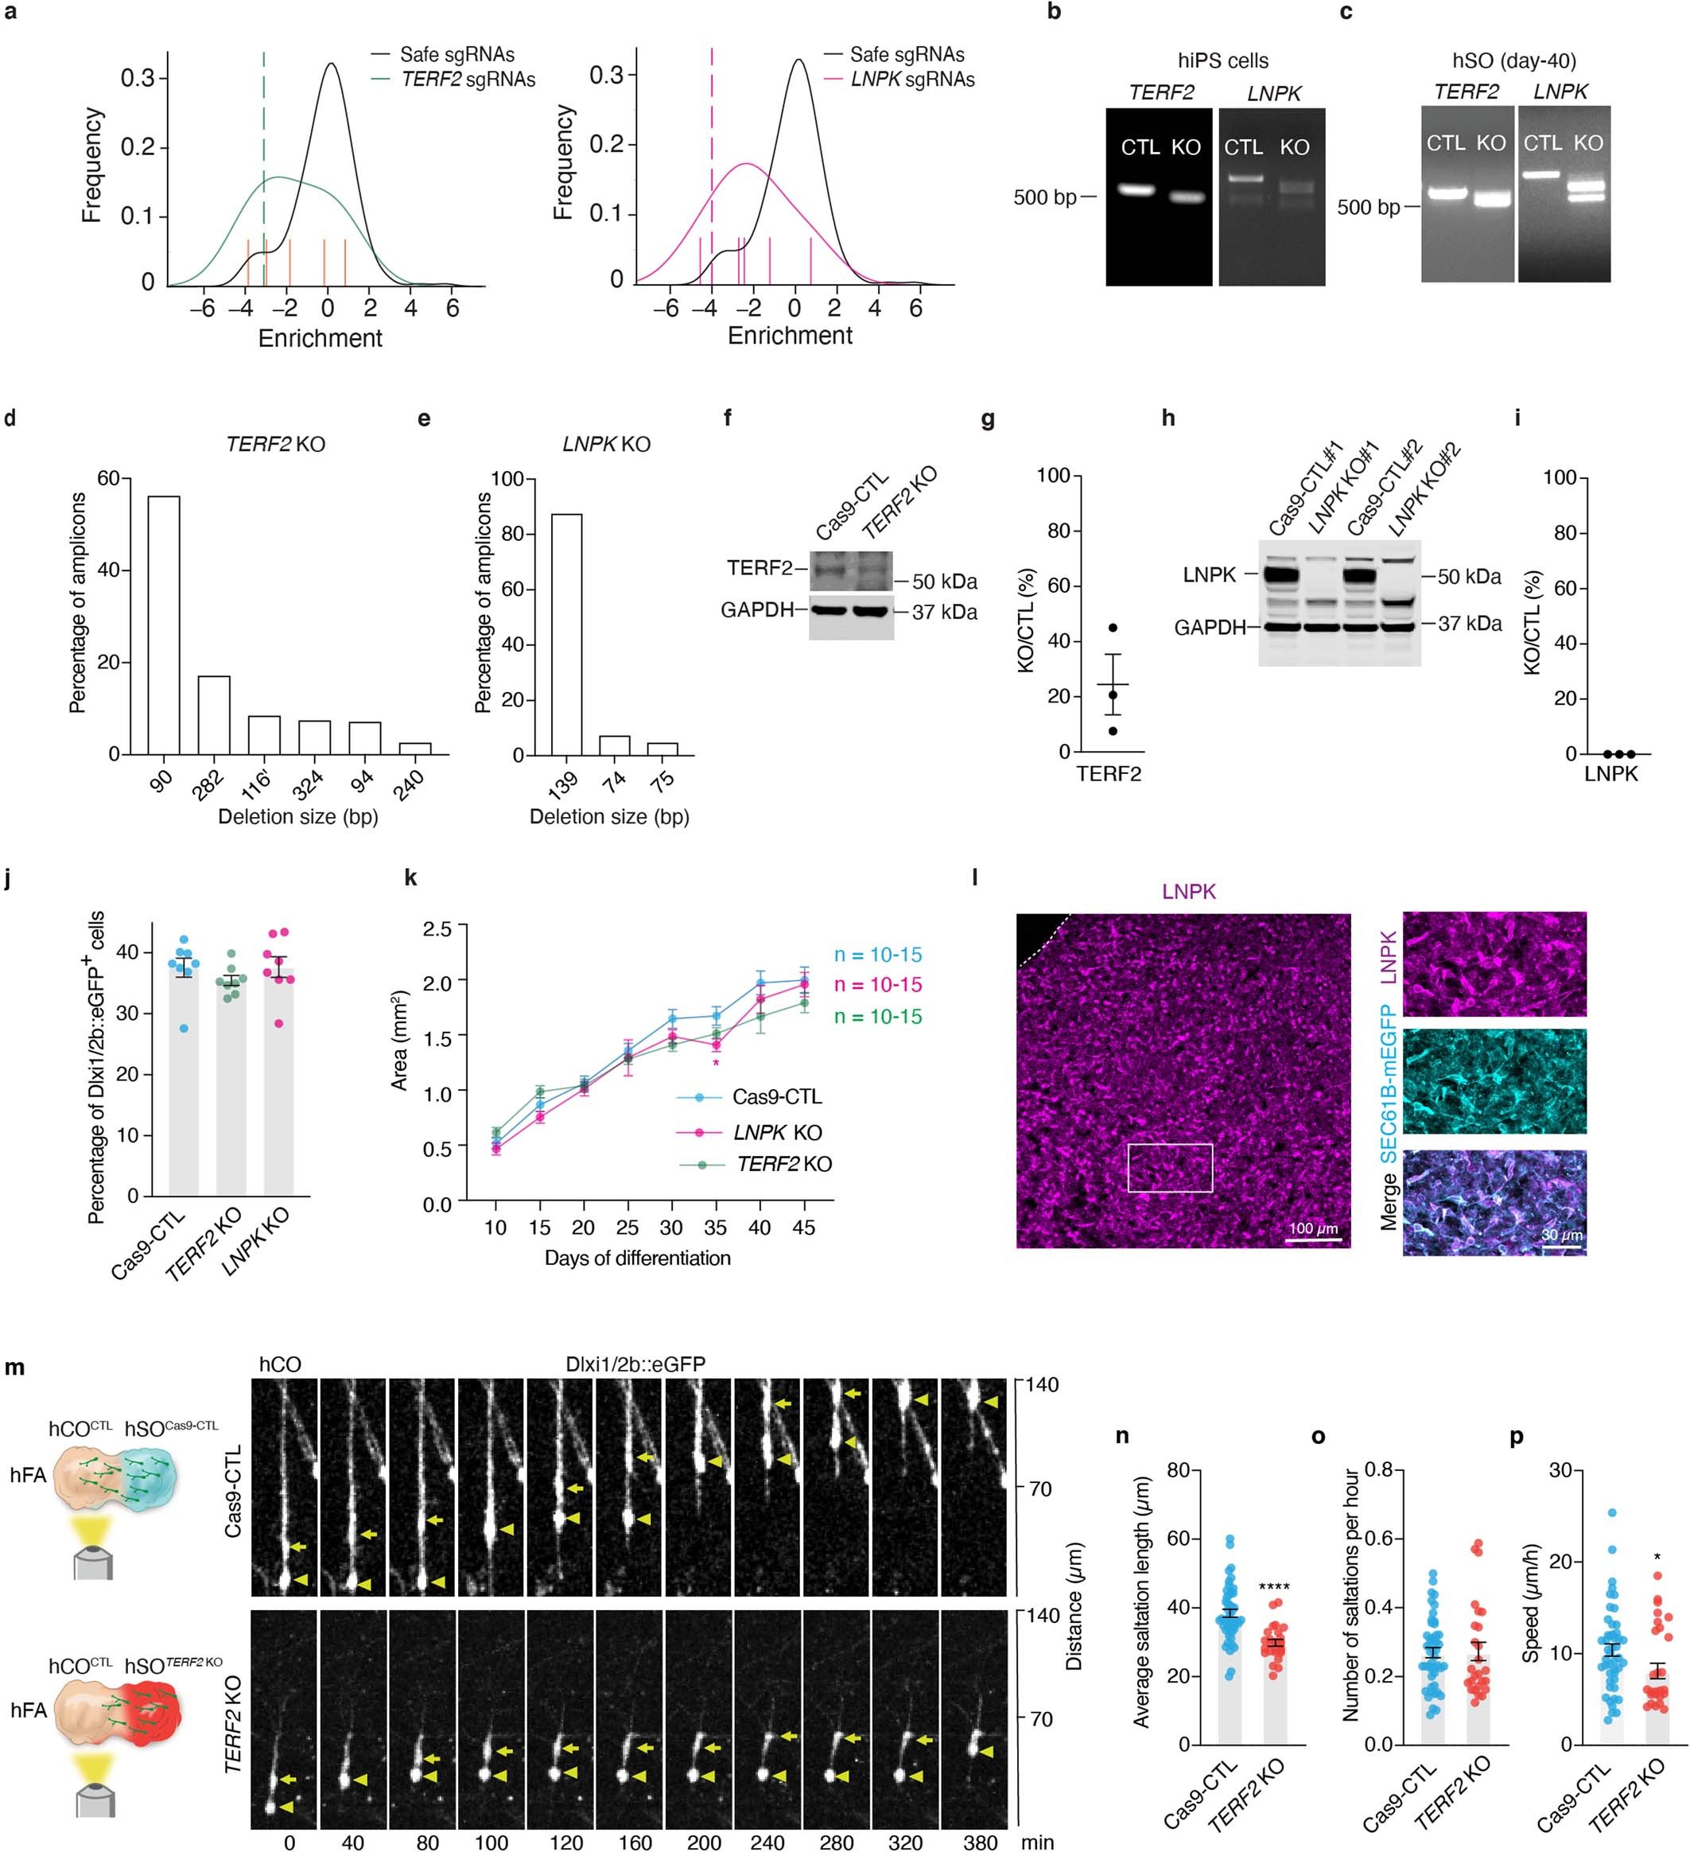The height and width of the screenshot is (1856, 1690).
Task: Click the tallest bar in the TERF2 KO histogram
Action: click(164, 625)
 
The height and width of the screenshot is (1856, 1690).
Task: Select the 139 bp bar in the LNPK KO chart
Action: click(566, 634)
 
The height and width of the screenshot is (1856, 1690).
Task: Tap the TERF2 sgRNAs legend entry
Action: click(468, 80)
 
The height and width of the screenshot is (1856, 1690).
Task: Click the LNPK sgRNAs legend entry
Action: click(911, 80)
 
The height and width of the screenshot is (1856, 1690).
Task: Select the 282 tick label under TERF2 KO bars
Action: click(209, 783)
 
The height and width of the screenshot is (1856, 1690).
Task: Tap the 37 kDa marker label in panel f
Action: click(945, 613)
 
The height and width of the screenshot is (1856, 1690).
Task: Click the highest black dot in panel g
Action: click(1113, 628)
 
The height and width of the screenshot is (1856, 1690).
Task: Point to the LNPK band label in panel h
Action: click(1209, 575)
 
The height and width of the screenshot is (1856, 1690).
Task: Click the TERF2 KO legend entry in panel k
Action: click(783, 1165)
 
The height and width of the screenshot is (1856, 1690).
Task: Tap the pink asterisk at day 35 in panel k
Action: click(716, 1064)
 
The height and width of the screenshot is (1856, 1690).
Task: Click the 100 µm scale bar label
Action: click(1312, 1229)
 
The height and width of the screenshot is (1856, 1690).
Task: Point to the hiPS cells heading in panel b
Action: click(1222, 60)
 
